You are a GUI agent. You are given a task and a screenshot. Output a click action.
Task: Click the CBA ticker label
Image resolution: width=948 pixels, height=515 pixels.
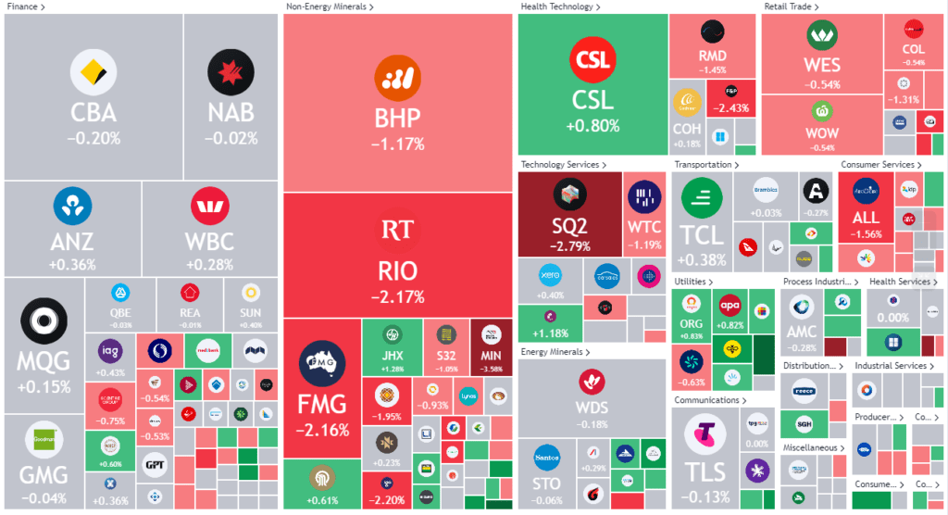[x=94, y=113]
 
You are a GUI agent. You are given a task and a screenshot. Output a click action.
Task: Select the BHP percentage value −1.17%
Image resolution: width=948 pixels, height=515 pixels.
[x=398, y=144]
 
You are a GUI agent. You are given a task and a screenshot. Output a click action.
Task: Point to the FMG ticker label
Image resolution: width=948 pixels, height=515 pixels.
[x=321, y=404]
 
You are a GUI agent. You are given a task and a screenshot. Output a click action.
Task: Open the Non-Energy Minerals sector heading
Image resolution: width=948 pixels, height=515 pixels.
[x=330, y=6]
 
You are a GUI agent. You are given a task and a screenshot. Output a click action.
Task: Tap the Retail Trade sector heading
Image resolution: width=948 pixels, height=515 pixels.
[x=792, y=6]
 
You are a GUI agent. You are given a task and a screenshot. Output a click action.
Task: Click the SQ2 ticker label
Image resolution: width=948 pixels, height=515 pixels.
[x=568, y=227]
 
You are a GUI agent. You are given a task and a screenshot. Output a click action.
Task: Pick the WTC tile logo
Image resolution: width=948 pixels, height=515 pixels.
[x=644, y=196]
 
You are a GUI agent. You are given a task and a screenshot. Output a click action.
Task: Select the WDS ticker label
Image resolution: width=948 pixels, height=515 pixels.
[x=592, y=408]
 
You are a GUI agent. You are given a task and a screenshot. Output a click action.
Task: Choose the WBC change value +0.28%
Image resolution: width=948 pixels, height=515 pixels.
[x=210, y=266]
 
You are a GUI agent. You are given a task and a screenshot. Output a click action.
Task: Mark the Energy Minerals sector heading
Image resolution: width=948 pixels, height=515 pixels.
[x=552, y=352]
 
